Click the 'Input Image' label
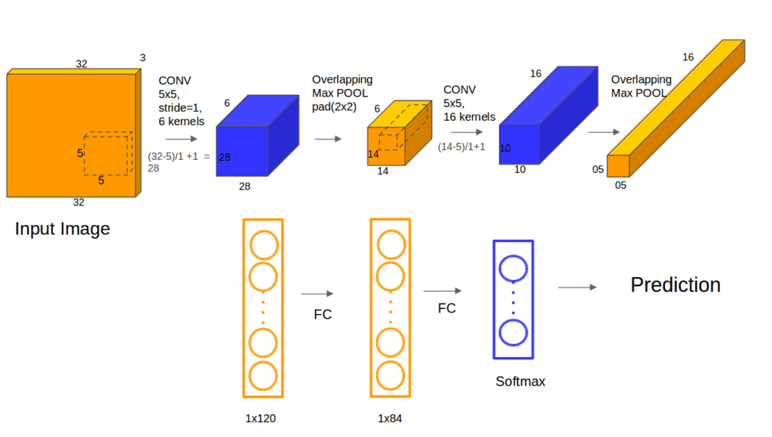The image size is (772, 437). (x=63, y=229)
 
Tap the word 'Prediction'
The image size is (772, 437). (x=675, y=285)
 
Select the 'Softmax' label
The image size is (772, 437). (x=520, y=382)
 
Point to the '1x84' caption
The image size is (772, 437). (x=391, y=416)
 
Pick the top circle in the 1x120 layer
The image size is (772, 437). (x=264, y=245)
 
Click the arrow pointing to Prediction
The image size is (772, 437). (x=577, y=287)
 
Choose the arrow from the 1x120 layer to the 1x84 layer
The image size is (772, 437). (x=317, y=295)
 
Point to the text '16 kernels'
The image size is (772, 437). (x=470, y=117)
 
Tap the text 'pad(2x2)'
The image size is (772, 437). (x=334, y=106)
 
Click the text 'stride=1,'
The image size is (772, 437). (x=181, y=107)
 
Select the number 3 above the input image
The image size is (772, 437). (x=142, y=57)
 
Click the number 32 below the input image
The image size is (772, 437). (x=78, y=202)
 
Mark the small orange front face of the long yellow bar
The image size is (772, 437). (x=618, y=165)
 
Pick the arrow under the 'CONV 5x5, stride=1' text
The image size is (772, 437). (x=180, y=140)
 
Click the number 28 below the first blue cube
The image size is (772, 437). (x=243, y=186)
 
